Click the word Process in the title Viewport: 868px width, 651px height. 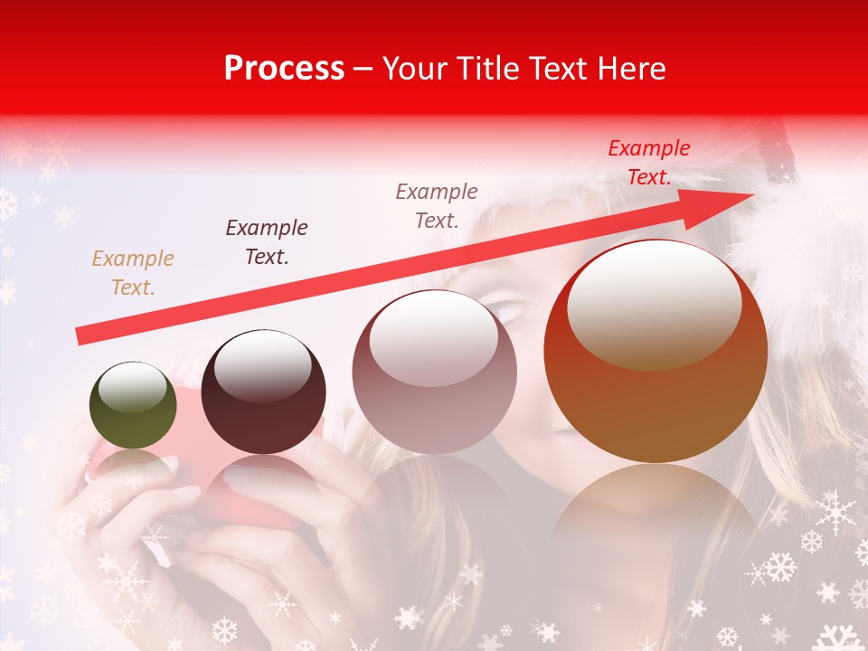(x=284, y=69)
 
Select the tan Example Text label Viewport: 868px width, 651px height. (x=133, y=273)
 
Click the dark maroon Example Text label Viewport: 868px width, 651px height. (x=267, y=242)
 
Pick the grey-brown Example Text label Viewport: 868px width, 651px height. (x=437, y=205)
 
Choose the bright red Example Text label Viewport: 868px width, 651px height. (x=649, y=163)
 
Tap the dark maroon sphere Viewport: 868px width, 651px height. (x=263, y=392)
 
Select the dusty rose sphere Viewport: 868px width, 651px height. (x=435, y=372)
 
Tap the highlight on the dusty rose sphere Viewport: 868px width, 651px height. (x=434, y=337)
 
